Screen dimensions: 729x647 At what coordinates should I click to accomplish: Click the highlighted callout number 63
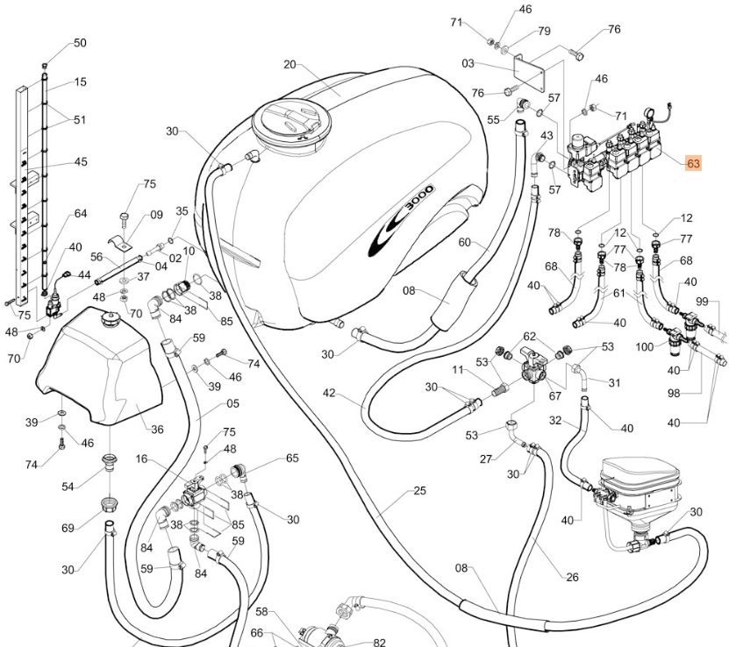pyautogui.click(x=693, y=163)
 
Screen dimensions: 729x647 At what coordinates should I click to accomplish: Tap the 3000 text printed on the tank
pyautogui.click(x=419, y=200)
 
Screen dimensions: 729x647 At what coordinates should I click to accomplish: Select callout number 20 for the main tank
pyautogui.click(x=289, y=64)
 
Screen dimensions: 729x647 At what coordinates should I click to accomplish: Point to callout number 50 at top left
pyautogui.click(x=80, y=43)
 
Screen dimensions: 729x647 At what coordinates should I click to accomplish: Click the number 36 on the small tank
pyautogui.click(x=157, y=430)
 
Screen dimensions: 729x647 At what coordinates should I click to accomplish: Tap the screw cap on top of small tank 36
pyautogui.click(x=110, y=319)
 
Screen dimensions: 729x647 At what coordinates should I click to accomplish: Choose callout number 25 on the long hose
pyautogui.click(x=419, y=490)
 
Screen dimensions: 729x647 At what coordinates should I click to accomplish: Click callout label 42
pyautogui.click(x=329, y=393)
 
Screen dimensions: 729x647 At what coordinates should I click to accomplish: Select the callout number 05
pyautogui.click(x=232, y=403)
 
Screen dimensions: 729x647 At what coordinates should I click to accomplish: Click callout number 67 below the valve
pyautogui.click(x=554, y=395)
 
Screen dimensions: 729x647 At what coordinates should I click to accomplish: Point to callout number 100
pyautogui.click(x=645, y=346)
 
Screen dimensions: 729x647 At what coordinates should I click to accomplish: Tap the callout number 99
pyautogui.click(x=702, y=302)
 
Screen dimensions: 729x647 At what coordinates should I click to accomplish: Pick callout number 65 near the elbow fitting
pyautogui.click(x=292, y=458)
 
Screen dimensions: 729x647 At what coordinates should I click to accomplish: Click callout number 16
pyautogui.click(x=141, y=459)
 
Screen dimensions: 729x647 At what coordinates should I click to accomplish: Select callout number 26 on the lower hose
pyautogui.click(x=572, y=577)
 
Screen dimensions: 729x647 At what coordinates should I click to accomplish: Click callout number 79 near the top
pyautogui.click(x=544, y=31)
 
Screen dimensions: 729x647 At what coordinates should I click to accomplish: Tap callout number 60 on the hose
pyautogui.click(x=464, y=242)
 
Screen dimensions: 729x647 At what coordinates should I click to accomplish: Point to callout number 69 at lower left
pyautogui.click(x=68, y=528)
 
